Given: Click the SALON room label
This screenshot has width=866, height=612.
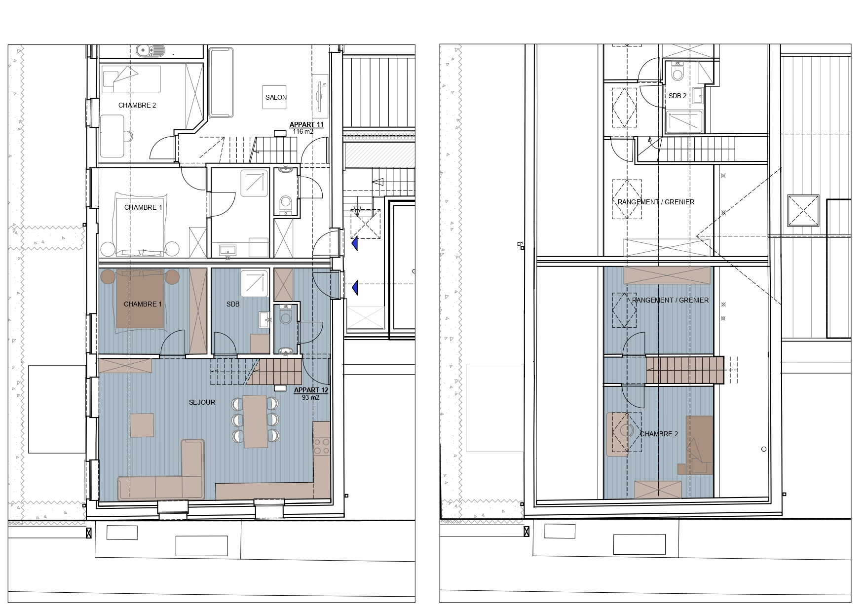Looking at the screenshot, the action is pyautogui.click(x=276, y=97).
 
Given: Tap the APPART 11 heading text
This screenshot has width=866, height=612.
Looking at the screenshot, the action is pyautogui.click(x=306, y=125).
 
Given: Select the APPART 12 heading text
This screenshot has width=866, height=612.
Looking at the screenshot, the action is pyautogui.click(x=311, y=390).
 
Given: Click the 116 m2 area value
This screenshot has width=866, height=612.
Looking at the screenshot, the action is pyautogui.click(x=303, y=132).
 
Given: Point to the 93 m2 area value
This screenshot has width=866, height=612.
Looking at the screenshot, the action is pyautogui.click(x=310, y=397).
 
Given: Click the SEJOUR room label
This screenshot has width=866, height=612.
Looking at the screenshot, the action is pyautogui.click(x=202, y=402).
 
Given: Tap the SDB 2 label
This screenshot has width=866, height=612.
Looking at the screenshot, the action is pyautogui.click(x=678, y=96).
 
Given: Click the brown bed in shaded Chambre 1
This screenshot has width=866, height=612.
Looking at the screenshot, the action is pyautogui.click(x=140, y=299).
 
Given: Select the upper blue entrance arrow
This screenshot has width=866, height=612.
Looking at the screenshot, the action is pyautogui.click(x=354, y=243).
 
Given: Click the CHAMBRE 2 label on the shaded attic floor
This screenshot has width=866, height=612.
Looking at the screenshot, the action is pyautogui.click(x=659, y=434).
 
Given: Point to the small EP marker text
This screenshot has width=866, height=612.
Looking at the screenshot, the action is pyautogui.click(x=519, y=244).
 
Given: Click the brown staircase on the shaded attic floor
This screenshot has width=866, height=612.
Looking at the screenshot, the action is pyautogui.click(x=684, y=370).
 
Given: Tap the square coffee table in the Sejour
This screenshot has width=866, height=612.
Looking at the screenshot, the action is pyautogui.click(x=142, y=425).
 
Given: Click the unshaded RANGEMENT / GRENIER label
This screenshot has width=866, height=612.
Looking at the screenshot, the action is pyautogui.click(x=656, y=202).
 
